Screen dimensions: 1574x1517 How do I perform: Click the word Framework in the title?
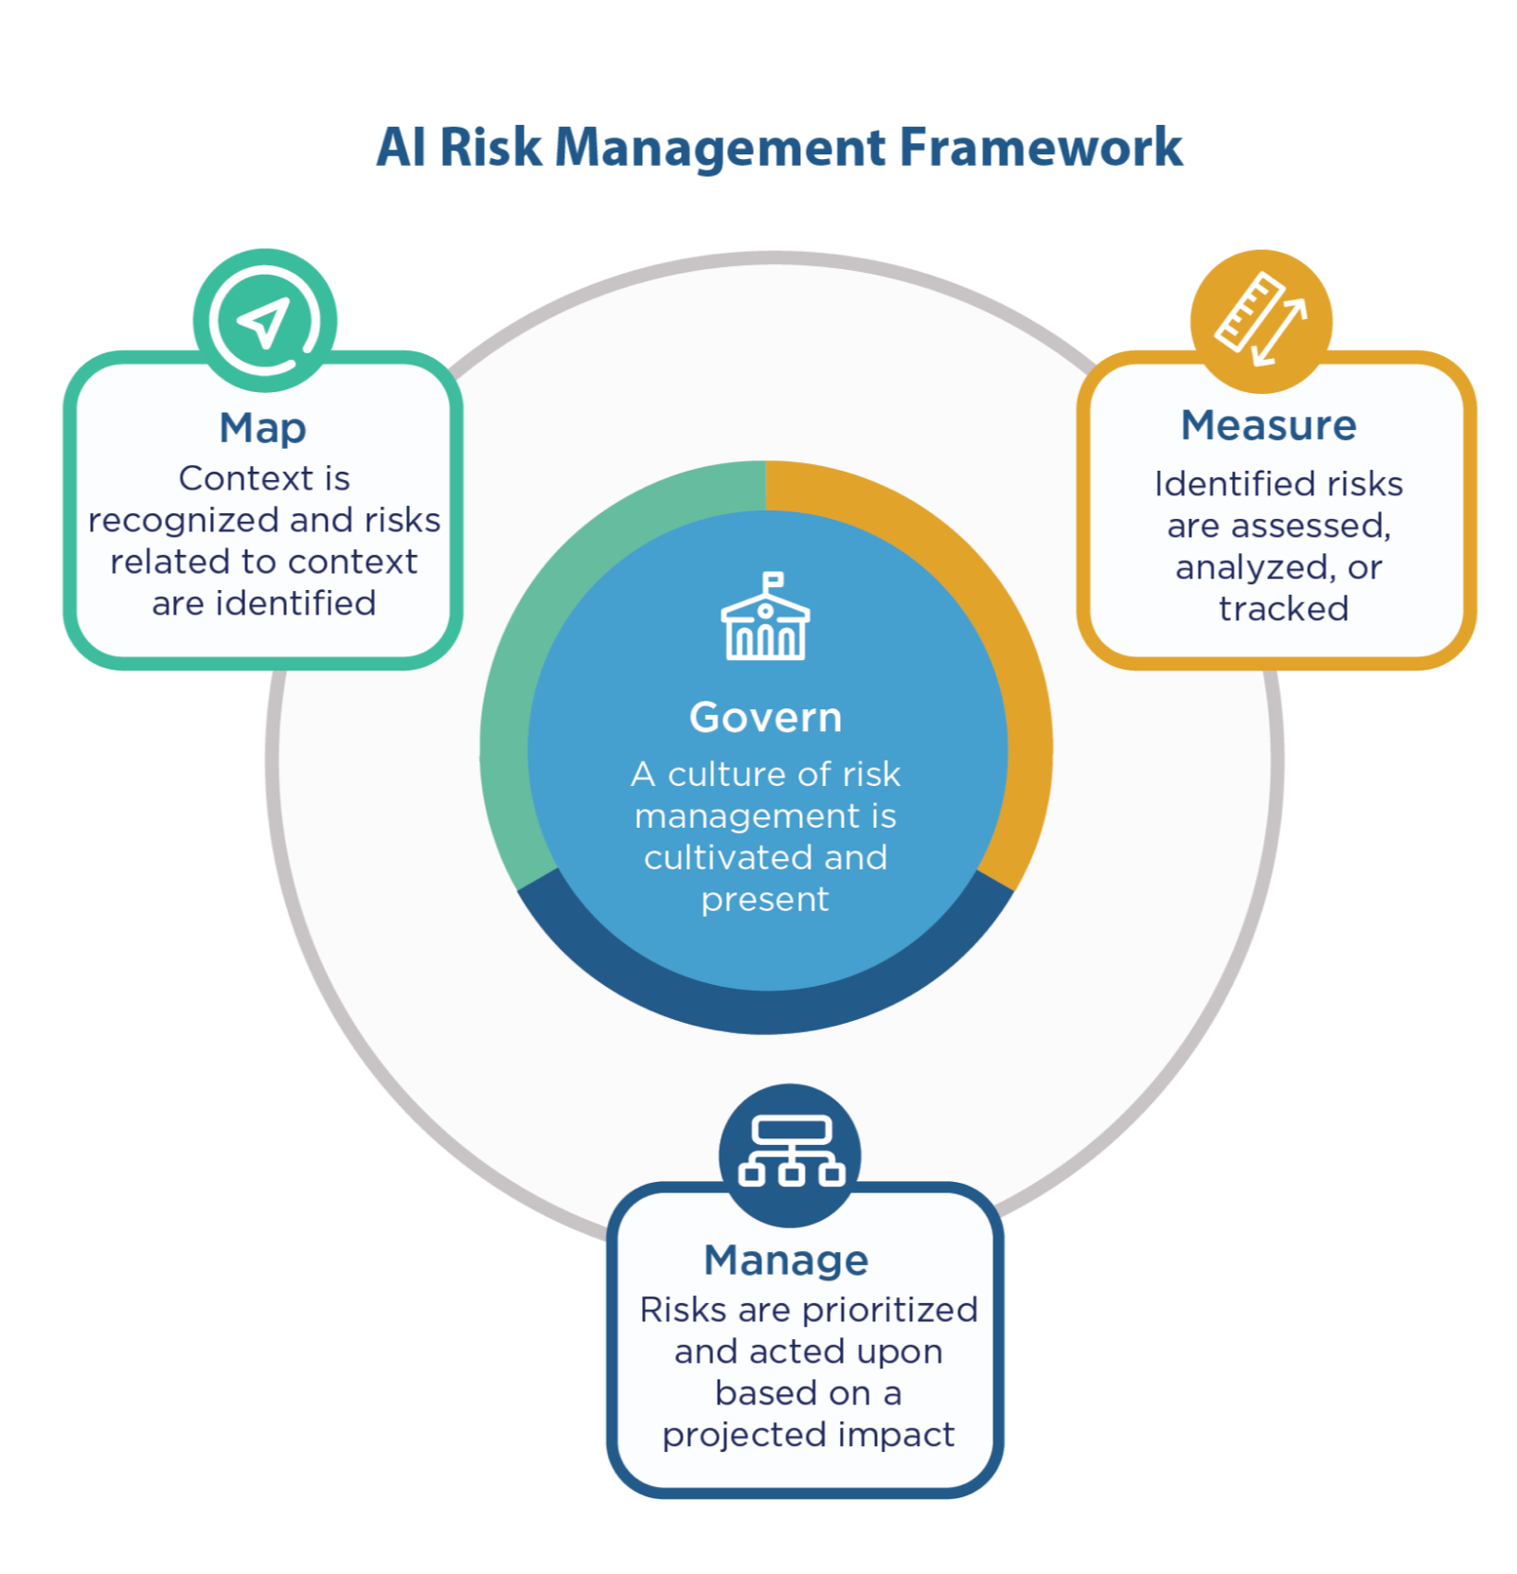coord(1041,148)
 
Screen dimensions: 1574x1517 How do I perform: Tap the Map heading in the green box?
coord(262,428)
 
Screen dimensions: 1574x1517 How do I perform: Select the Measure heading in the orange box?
coord(1268,425)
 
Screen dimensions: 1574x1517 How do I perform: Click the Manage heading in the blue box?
coord(786,1261)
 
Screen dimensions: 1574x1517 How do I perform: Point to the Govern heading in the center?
coord(765,718)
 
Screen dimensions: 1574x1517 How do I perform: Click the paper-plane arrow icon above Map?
coord(264,321)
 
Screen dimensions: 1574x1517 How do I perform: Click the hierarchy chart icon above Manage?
coord(791,1151)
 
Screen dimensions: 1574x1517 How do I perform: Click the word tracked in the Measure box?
coord(1283,609)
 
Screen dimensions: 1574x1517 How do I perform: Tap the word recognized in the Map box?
coord(185,520)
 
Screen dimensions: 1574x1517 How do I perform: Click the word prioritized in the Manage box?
coord(889,1310)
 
